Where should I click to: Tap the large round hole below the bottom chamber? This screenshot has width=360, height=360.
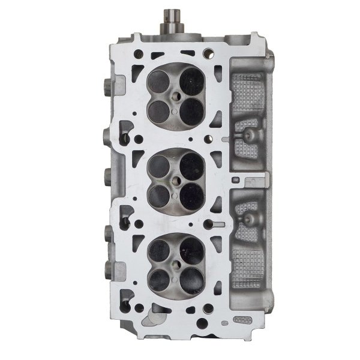pyautogui.click(x=202, y=323)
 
